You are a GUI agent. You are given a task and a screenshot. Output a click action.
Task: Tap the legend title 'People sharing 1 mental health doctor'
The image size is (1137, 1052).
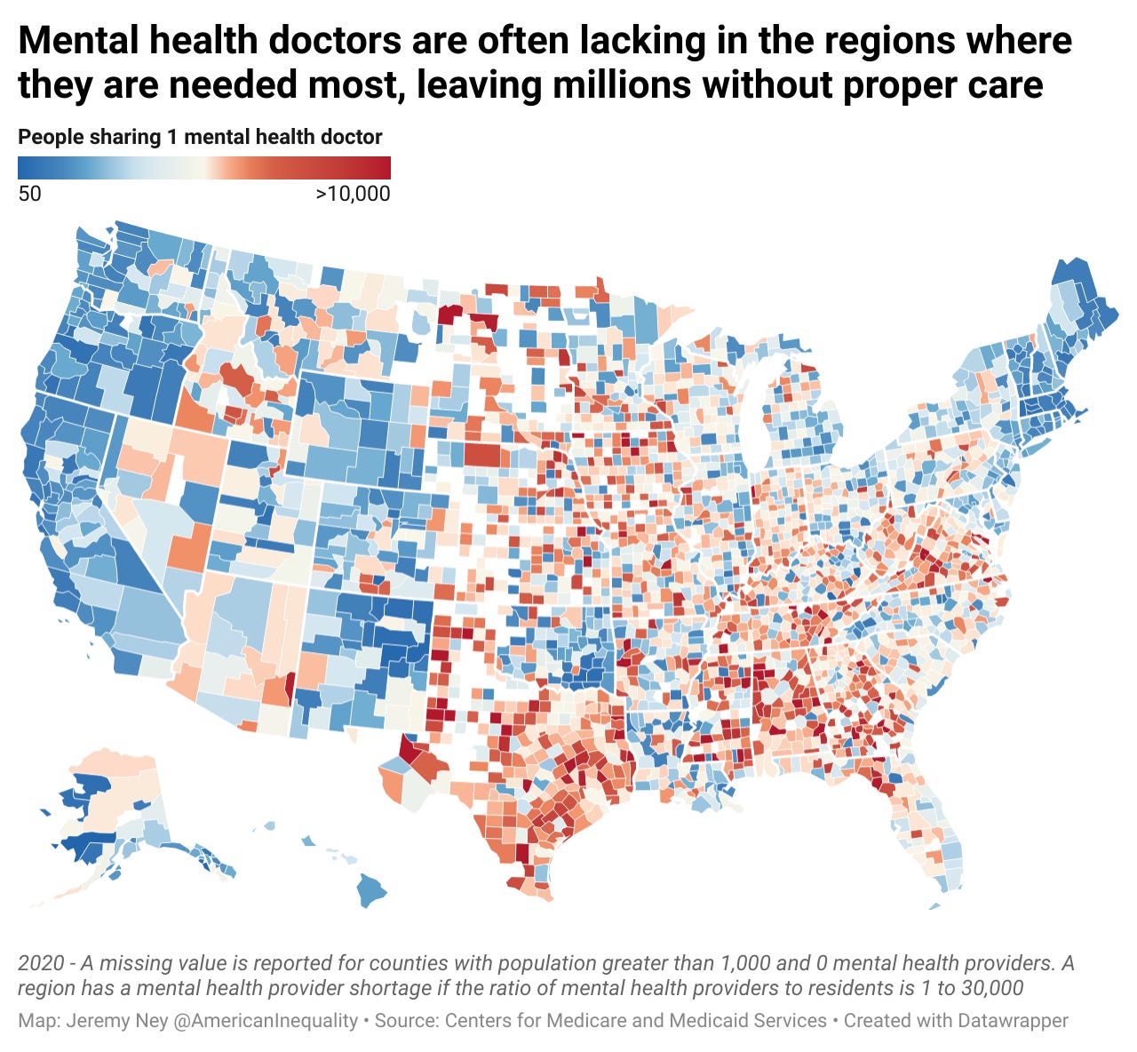point(200,137)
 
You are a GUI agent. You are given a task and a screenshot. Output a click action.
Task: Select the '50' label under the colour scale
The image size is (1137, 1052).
point(29,193)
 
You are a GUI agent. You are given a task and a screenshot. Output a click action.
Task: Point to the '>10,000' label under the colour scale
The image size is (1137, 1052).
point(353,193)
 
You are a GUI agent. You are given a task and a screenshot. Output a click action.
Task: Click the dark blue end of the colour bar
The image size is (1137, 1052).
point(27,168)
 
